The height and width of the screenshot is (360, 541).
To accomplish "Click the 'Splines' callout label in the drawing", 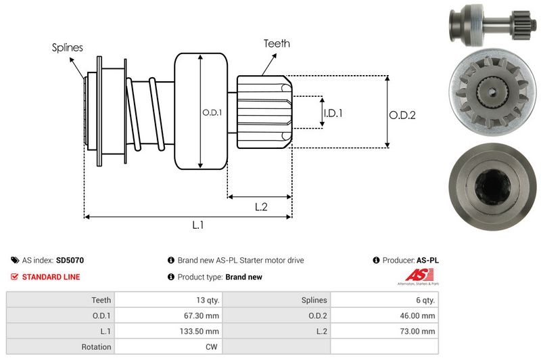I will (68, 48).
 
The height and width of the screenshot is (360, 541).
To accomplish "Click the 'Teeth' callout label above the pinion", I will (277, 43).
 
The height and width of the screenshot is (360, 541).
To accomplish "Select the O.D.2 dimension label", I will (402, 115).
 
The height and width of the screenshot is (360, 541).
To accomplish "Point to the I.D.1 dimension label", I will (333, 113).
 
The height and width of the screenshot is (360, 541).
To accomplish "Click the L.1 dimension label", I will (198, 225).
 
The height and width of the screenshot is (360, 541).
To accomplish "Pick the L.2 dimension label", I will (261, 207).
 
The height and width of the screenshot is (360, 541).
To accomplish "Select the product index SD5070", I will (70, 260).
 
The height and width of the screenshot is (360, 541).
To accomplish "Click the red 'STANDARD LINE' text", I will (51, 277).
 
